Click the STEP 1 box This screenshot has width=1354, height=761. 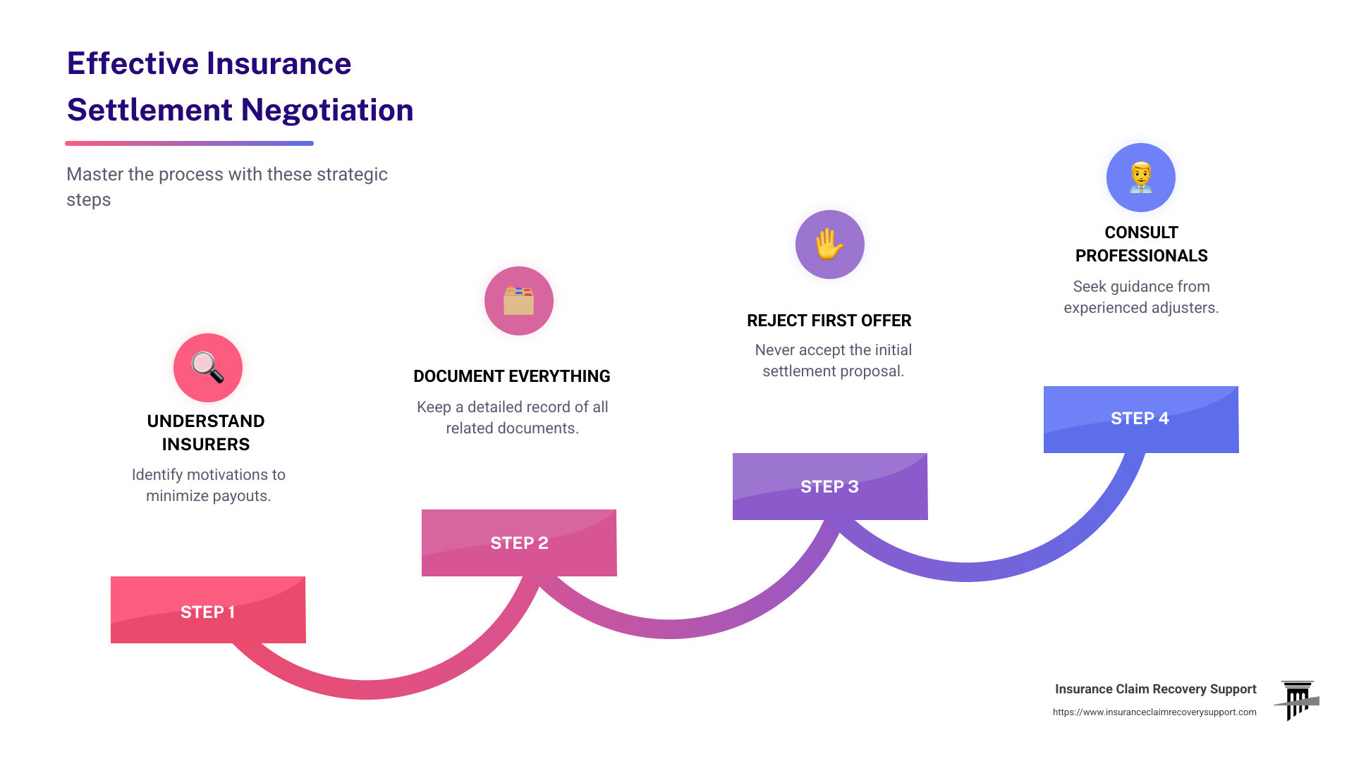[x=208, y=610]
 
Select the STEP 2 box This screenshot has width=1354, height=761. [x=519, y=543]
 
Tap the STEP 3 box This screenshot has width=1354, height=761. [x=830, y=486]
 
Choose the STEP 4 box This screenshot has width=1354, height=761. [x=1140, y=419]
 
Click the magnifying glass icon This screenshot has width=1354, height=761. [x=208, y=367]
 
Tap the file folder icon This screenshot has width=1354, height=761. [x=519, y=301]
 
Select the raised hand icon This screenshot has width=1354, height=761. [x=830, y=245]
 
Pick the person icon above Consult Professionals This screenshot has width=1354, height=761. [x=1140, y=177]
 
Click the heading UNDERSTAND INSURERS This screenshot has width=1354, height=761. [x=206, y=433]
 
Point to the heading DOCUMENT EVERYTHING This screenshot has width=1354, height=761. [x=512, y=376]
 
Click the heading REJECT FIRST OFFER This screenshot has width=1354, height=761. [x=829, y=321]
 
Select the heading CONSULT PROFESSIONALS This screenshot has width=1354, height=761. [x=1141, y=244]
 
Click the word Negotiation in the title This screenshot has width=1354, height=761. [x=327, y=110]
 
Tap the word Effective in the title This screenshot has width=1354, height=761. [x=133, y=63]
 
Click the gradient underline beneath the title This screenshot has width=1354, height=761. [x=189, y=143]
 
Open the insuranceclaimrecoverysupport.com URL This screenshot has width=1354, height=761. [x=1154, y=712]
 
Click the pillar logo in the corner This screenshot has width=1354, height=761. [x=1298, y=700]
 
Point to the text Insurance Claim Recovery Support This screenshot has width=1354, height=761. [x=1155, y=689]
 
